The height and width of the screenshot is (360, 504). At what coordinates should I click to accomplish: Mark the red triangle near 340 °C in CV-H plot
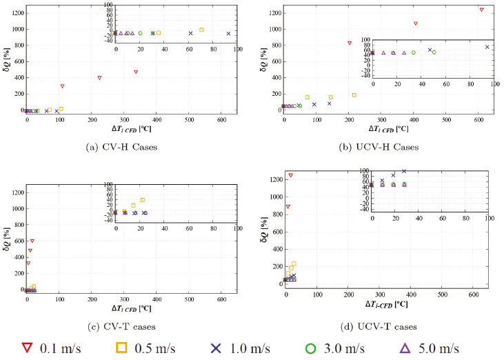pos(136,72)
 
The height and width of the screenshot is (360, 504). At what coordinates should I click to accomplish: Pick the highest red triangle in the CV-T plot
pos(32,241)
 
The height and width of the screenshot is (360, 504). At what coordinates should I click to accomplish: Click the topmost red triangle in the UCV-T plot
pos(291,175)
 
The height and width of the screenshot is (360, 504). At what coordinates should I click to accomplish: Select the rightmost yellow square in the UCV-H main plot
pos(354,95)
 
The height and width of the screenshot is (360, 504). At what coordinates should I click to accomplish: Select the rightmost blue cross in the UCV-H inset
pos(487,47)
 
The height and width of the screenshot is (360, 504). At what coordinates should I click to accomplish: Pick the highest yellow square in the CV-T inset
pos(142,200)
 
